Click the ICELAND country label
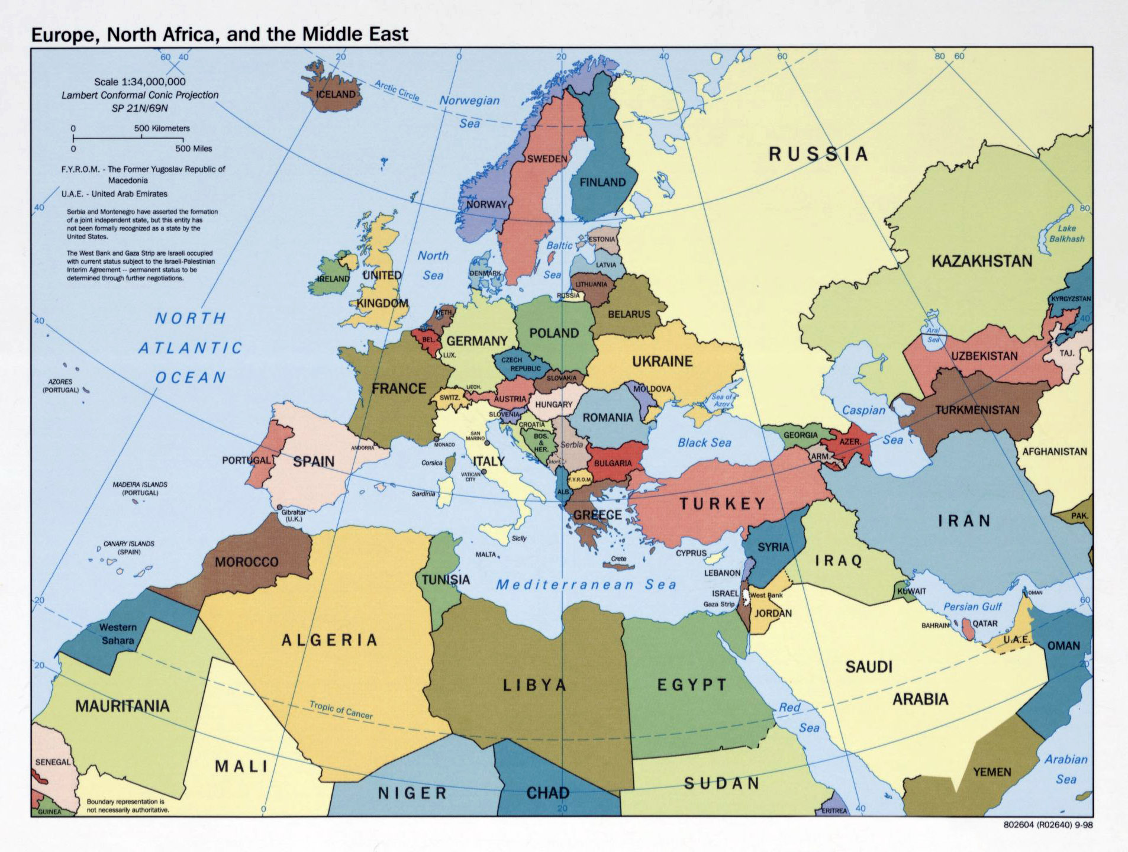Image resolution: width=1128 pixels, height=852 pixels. coord(336,95)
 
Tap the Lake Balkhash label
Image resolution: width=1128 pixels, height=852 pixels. coord(1066,234)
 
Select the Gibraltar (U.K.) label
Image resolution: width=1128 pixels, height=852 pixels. coord(294,515)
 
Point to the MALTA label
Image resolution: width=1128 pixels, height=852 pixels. coord(486,555)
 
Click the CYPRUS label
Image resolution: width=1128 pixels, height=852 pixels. coord(691,553)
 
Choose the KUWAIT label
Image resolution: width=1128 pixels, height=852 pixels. coord(911,591)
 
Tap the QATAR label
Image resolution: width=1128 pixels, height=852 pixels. coord(985,624)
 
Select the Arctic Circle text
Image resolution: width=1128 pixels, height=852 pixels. coord(397,91)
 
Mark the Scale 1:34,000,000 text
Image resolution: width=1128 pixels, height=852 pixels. coord(140,82)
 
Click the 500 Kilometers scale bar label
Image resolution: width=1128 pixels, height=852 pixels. coord(162,128)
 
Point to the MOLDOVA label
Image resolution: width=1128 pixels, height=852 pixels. coord(652,389)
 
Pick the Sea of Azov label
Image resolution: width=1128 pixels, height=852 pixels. coord(722,401)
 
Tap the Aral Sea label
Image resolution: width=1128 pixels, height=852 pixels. coord(933,335)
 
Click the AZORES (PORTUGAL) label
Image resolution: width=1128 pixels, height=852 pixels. coord(60,386)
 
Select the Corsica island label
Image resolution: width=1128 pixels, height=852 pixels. coord(432,463)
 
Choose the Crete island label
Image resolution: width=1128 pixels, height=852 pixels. coord(618,559)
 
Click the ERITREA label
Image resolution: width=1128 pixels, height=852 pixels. coord(834,811)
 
